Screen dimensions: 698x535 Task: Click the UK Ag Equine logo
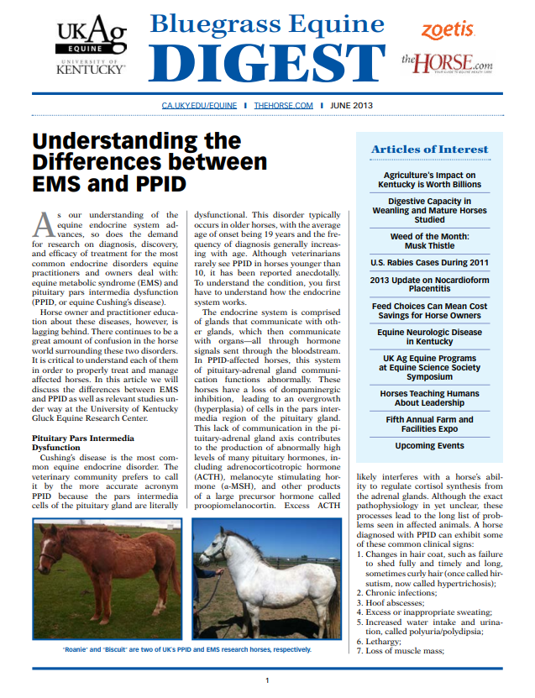click(90, 47)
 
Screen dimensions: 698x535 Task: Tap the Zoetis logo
click(448, 30)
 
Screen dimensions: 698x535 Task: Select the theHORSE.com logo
click(446, 62)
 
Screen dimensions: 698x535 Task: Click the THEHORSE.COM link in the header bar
click(283, 106)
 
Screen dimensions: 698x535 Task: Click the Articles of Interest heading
click(429, 150)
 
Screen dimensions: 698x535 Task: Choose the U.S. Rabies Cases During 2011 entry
click(429, 263)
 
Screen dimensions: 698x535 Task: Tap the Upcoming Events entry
click(429, 446)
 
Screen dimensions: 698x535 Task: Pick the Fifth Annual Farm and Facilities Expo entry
click(429, 424)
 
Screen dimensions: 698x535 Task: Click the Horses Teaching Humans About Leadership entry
click(429, 397)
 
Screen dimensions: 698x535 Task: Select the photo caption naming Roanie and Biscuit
click(187, 649)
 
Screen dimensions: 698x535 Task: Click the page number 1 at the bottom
click(267, 680)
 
